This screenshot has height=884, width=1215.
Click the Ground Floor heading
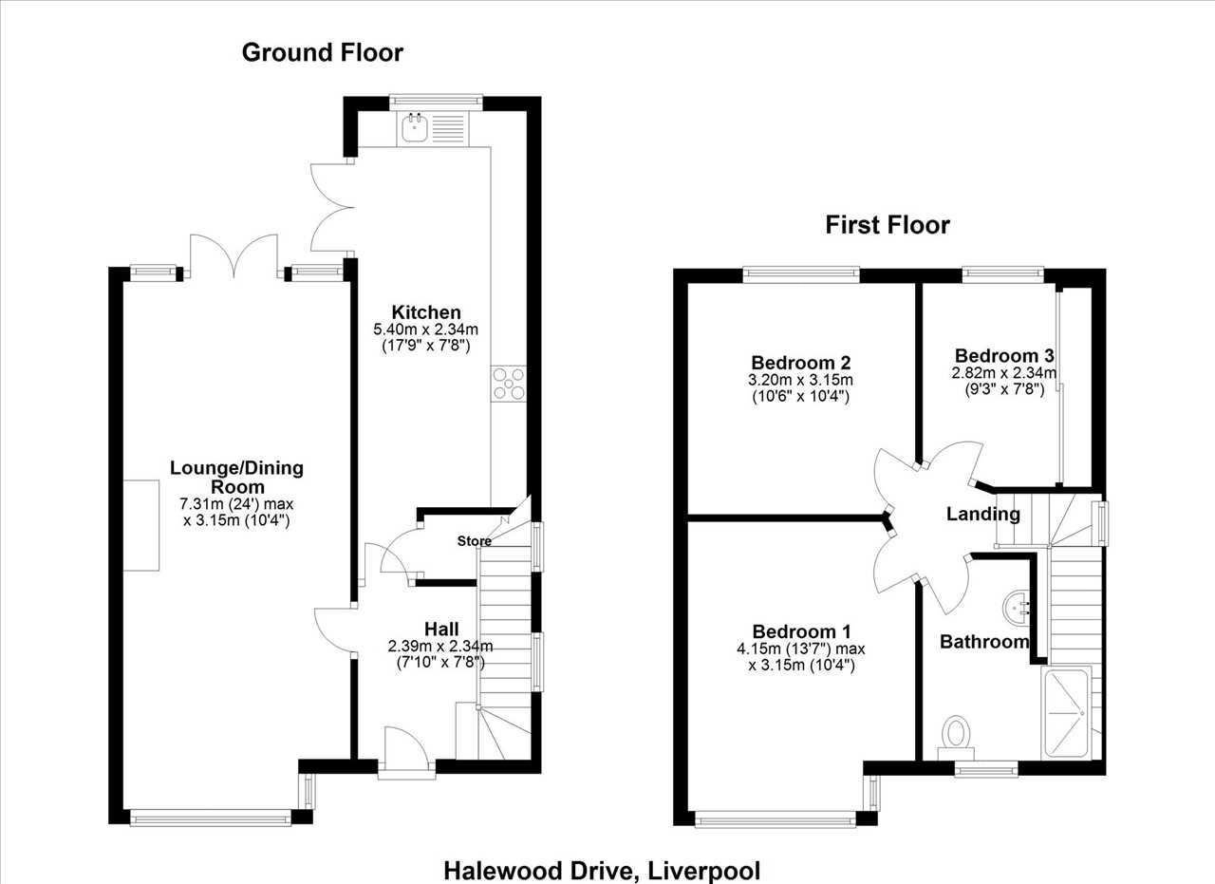point(322,53)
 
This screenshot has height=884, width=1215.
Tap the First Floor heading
point(888,225)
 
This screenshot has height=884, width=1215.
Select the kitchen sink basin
point(416,128)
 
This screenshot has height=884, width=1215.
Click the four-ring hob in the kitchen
point(508,384)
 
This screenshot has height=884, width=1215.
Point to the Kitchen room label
point(426,312)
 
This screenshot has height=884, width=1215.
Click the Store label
point(474,541)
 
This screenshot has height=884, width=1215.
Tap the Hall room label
point(441,629)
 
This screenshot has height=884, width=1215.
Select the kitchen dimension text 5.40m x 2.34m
point(426,329)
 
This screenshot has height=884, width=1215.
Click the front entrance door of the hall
point(406,750)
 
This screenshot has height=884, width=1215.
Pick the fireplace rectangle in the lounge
point(141,525)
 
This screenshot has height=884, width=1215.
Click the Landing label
point(982,514)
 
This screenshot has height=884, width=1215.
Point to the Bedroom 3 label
point(1004,355)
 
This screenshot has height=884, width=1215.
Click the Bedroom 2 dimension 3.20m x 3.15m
point(800,380)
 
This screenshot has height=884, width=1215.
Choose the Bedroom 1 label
point(802,631)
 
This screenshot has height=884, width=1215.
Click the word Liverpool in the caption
point(704,871)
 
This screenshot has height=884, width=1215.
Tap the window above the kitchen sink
point(436,101)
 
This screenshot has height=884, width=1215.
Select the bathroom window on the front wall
point(986,769)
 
